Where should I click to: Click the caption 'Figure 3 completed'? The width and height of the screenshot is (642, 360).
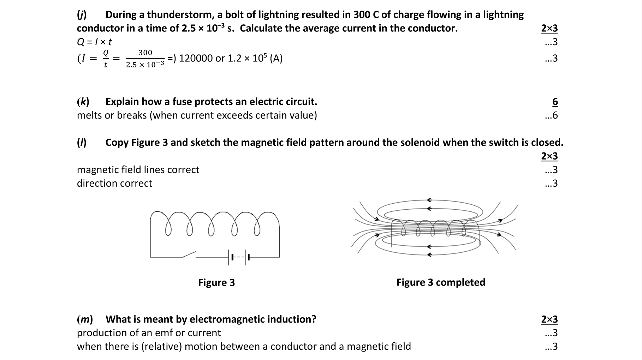pos(440,282)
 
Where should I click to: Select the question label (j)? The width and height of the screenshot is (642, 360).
pos(82,15)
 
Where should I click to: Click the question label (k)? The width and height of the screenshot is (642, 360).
pos(83,102)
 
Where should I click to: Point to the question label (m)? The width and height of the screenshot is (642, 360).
pos(85,319)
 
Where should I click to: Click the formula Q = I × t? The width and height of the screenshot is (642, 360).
pos(94,42)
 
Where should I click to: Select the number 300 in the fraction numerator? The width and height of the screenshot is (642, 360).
pos(145,53)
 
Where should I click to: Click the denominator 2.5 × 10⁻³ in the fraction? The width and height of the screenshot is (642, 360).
pos(145,65)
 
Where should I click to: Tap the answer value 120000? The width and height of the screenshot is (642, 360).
pos(196,58)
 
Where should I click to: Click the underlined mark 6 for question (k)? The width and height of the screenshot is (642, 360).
pos(555,102)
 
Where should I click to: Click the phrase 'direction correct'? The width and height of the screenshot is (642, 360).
pos(114,184)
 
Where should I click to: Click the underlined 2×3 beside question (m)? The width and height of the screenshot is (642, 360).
pos(549,319)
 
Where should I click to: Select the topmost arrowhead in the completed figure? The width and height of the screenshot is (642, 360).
pos(429,200)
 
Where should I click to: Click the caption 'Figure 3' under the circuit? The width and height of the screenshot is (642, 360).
pos(216,283)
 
